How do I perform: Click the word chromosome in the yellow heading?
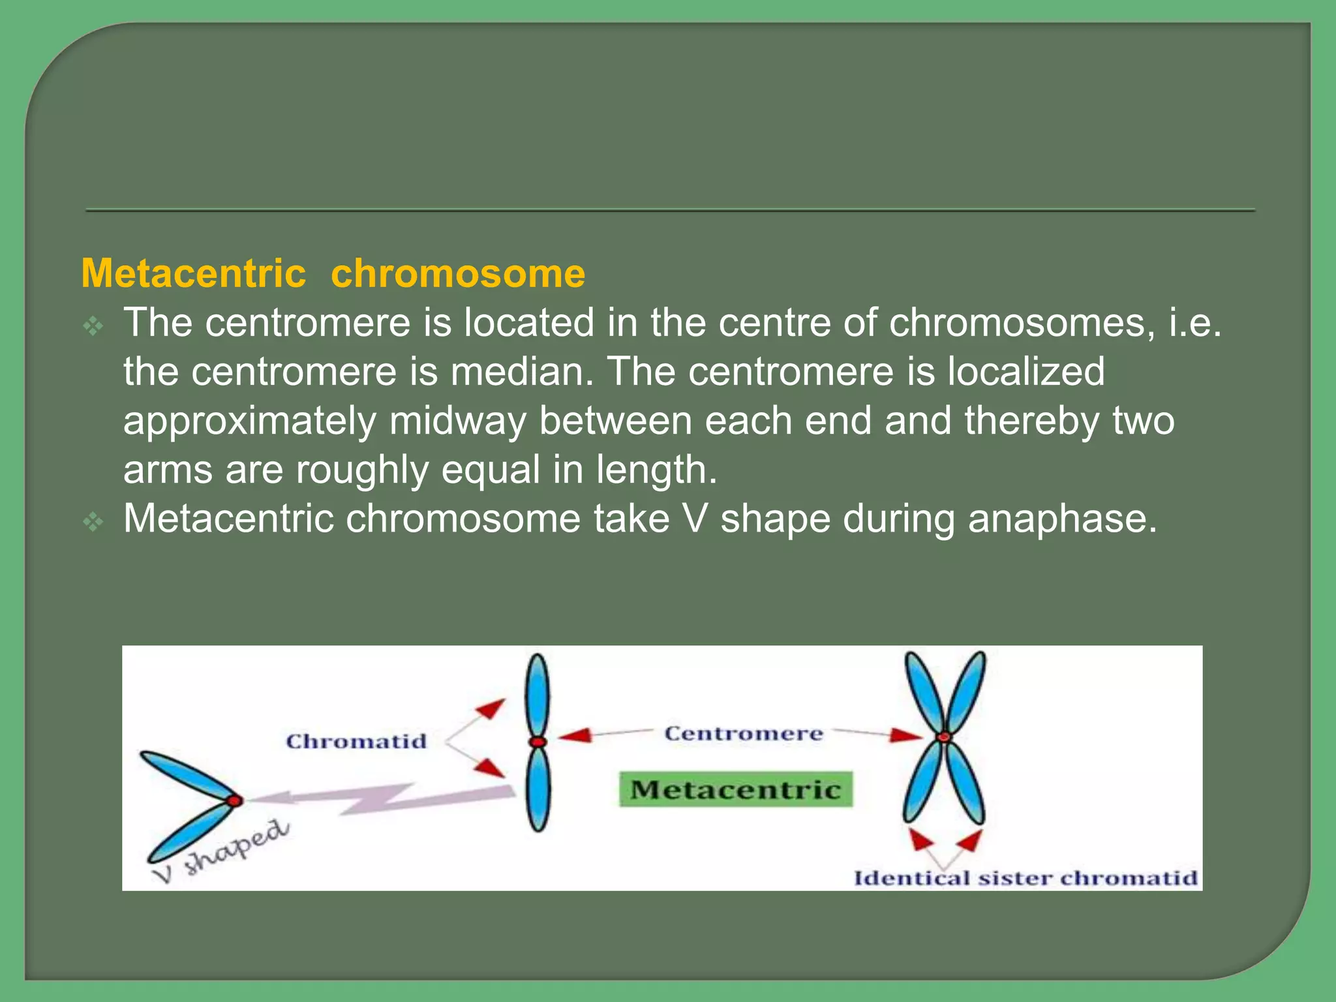(458, 273)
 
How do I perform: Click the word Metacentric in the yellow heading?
(194, 273)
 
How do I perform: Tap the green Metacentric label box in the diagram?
(735, 790)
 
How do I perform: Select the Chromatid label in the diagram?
(356, 742)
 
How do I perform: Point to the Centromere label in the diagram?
(744, 734)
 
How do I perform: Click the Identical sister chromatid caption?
(1025, 878)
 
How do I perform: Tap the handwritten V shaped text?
(222, 851)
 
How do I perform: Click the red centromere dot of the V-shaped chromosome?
(234, 800)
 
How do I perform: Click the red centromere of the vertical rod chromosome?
(538, 742)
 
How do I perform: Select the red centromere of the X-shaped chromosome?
(944, 738)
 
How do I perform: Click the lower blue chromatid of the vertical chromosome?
(538, 789)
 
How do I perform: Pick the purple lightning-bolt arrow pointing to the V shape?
(378, 797)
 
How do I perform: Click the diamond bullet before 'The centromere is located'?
(94, 326)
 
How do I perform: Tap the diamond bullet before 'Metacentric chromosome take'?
(94, 521)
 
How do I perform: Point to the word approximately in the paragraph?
(250, 421)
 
